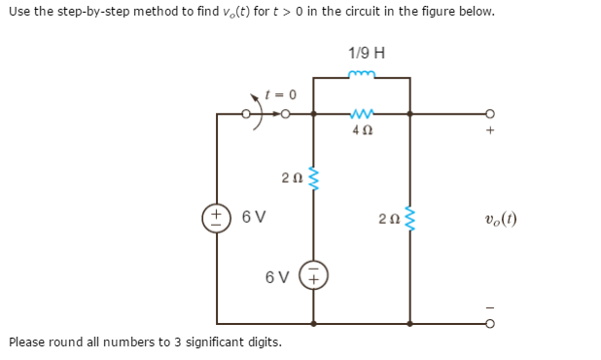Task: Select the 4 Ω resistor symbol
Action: point(362,113)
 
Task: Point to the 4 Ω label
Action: point(362,127)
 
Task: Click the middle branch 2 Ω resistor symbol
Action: point(313,177)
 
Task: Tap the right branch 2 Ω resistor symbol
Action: point(409,219)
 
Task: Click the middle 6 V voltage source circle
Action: point(313,276)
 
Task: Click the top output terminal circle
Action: point(489,114)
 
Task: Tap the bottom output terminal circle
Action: point(489,323)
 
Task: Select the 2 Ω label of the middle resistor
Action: point(290,178)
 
